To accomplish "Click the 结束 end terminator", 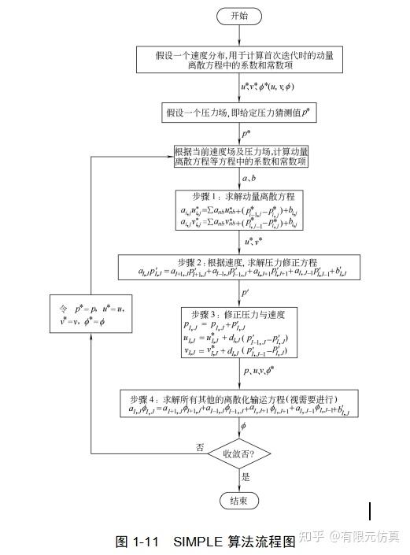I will tap(239, 501).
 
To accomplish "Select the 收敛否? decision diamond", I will tap(240, 453).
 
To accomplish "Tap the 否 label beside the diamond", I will tap(200, 446).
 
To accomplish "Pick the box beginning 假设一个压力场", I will tap(241, 112).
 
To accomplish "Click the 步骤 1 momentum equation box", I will tap(241, 209).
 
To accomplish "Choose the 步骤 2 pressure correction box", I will tap(241, 267).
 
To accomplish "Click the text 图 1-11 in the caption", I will tap(138, 541).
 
